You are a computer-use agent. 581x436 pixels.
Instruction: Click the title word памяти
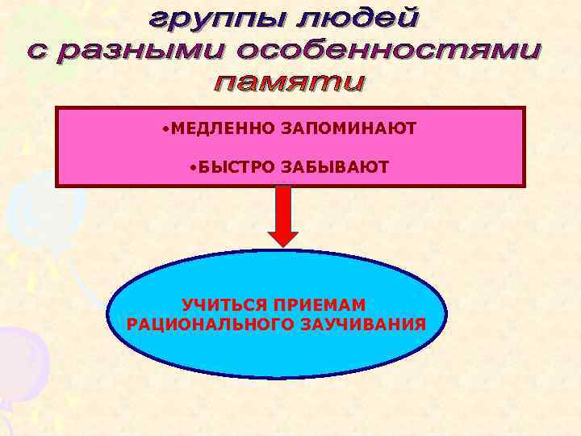[289, 83]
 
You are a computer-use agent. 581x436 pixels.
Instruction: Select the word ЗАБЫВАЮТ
[334, 167]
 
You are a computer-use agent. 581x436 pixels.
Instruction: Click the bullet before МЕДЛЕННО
[164, 128]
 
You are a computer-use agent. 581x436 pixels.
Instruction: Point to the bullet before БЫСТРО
[193, 167]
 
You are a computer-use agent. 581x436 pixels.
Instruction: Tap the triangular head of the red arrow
[282, 239]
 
